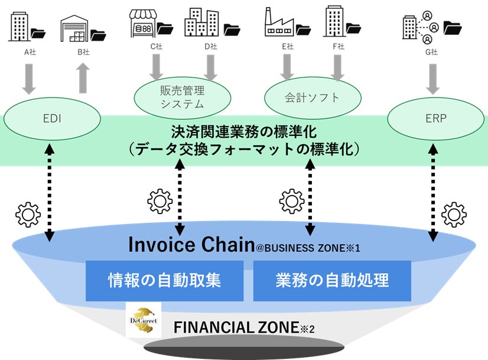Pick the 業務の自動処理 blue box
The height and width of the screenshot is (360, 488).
pos(332,280)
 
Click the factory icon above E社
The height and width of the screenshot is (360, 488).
pos(279,24)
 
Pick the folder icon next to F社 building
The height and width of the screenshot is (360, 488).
pos(354,28)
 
